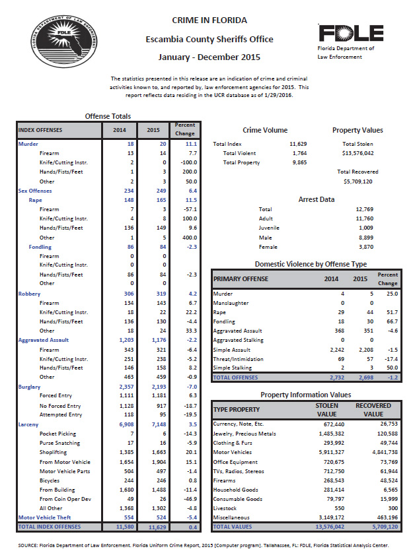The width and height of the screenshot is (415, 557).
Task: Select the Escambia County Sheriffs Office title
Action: click(x=209, y=40)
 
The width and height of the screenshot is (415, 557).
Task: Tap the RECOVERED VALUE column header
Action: click(x=373, y=410)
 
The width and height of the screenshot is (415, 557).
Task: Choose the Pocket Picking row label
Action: click(x=58, y=434)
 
